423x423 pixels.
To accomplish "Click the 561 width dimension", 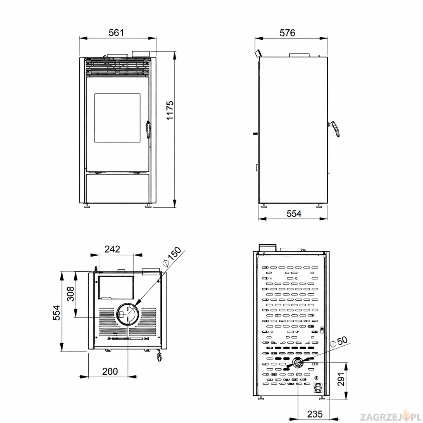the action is click(116, 33).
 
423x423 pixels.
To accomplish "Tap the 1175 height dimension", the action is click(170, 110).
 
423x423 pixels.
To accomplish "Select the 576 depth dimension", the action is click(288, 33).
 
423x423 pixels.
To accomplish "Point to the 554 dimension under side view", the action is click(294, 214).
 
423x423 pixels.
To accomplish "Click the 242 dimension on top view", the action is click(112, 249).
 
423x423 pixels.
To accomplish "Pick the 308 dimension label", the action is click(70, 294).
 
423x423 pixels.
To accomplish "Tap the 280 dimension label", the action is click(110, 371).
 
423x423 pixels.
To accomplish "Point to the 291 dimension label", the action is click(341, 379).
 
